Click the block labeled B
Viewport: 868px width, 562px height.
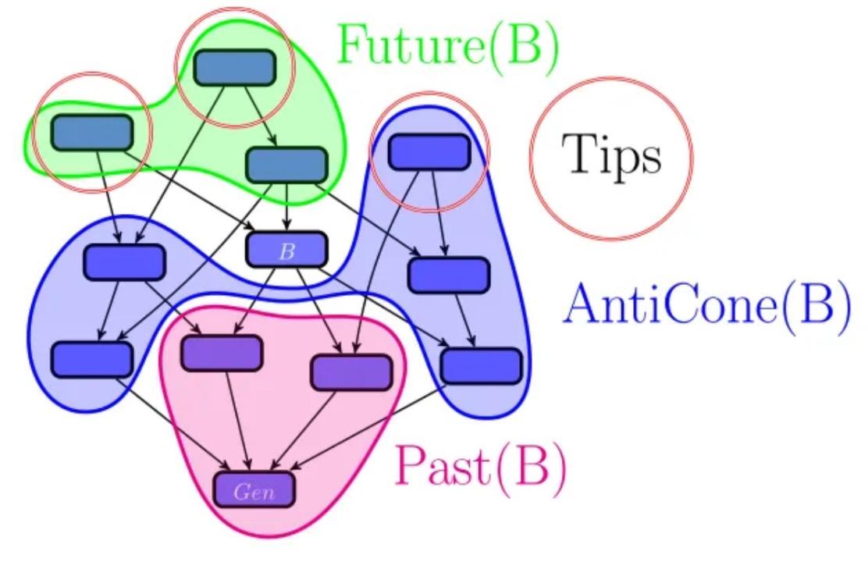click(x=286, y=251)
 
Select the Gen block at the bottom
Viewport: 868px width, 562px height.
click(x=255, y=491)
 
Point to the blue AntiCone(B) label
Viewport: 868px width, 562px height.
click(x=706, y=304)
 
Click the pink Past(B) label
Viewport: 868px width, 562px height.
click(x=481, y=465)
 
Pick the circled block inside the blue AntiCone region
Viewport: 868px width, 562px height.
click(x=429, y=152)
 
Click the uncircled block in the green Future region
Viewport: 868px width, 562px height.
click(x=286, y=165)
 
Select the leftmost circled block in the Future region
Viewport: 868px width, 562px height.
click(x=92, y=133)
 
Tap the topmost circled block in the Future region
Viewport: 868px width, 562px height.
click(x=235, y=68)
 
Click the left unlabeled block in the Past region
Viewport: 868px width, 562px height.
click(x=222, y=354)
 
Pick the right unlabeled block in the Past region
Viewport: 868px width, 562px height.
click(x=351, y=372)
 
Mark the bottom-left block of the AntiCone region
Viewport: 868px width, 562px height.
click(x=92, y=359)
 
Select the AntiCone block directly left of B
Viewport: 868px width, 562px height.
click(x=124, y=262)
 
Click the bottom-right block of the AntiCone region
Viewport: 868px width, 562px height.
click(x=481, y=365)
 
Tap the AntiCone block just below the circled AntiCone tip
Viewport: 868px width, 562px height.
click(x=449, y=274)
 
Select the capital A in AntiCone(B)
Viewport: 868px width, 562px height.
click(x=582, y=304)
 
